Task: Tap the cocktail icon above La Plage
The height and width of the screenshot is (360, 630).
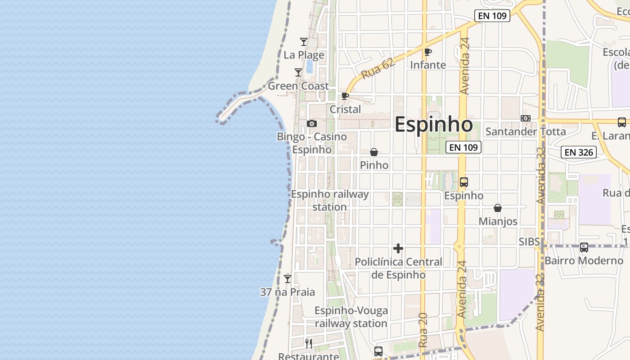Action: coord(304,42)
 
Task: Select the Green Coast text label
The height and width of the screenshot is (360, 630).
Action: coord(298,85)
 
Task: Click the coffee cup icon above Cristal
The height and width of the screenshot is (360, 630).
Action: coord(345,96)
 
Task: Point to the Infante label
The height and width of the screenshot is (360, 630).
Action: coord(428,65)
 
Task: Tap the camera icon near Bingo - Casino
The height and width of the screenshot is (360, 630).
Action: coord(311,123)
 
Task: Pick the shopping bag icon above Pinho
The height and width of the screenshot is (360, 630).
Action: coord(374,153)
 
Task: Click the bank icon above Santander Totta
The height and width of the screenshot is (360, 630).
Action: coord(525,118)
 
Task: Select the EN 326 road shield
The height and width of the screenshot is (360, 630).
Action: coord(579,152)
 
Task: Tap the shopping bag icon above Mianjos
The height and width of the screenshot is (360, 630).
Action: coord(498,208)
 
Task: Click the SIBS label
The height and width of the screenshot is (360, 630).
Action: coord(529,242)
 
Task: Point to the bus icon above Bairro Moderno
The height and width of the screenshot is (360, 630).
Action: coord(584,247)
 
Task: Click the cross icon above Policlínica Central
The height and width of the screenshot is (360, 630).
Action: coord(398,248)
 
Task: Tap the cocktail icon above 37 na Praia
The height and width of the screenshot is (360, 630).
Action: coord(288,279)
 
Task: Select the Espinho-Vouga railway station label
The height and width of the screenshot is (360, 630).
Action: coord(351,317)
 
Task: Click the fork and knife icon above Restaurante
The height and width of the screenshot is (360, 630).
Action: coord(309,344)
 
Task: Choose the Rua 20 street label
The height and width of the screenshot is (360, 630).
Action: coord(423,330)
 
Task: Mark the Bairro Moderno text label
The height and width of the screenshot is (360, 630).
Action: coord(584,261)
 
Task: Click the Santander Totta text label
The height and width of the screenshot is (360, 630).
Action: coord(525,131)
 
